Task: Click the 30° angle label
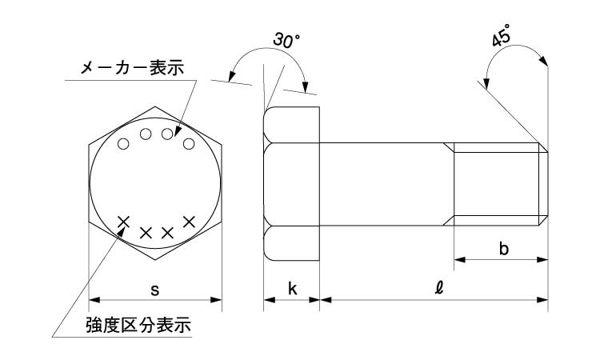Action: [286, 39]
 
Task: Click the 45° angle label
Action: [502, 37]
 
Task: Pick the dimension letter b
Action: [503, 249]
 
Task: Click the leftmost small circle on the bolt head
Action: [123, 144]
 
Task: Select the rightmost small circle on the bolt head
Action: [189, 144]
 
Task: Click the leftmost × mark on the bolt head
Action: [124, 222]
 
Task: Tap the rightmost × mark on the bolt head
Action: [190, 221]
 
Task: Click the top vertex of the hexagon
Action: [155, 106]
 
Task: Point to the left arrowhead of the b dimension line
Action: [459, 259]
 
